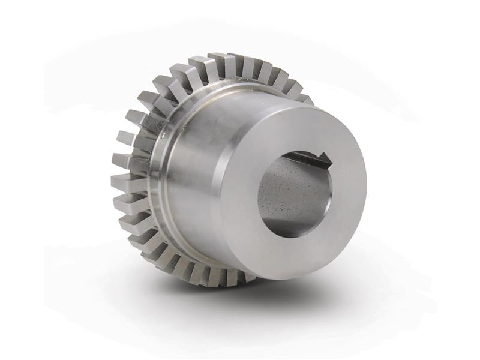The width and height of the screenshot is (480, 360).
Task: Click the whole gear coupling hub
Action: point(240,174)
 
